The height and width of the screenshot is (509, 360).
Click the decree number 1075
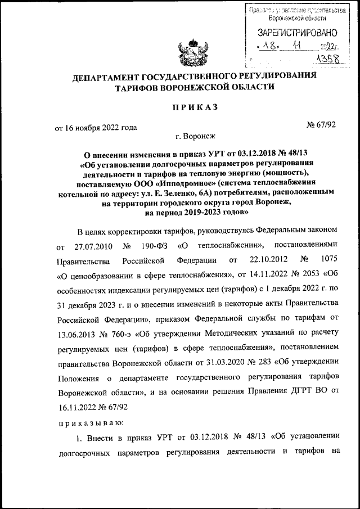coord(326,262)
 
